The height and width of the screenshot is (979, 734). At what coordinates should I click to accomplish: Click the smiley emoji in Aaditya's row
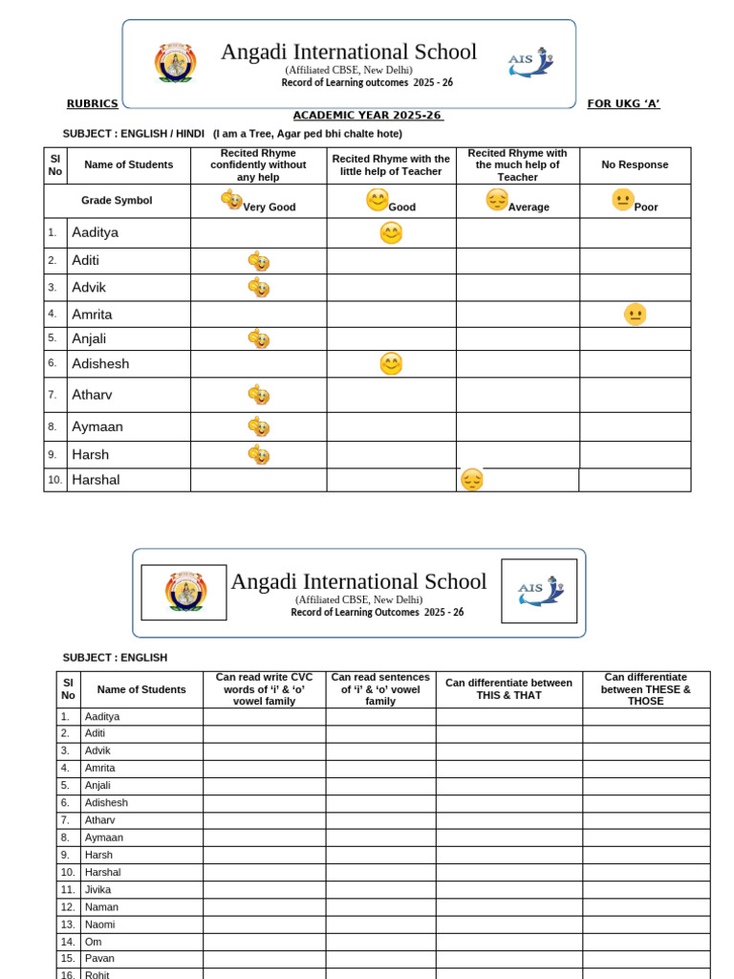point(390,233)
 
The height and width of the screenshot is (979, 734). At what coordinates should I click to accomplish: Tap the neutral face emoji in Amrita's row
point(635,314)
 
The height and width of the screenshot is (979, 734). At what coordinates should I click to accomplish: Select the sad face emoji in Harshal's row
point(471,480)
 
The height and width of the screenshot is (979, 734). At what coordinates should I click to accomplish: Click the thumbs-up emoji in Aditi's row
point(258,261)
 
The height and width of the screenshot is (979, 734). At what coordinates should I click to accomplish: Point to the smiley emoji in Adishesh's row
point(390,363)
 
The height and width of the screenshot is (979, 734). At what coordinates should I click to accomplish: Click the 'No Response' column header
point(635,164)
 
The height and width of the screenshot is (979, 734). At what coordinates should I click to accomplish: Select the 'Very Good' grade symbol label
point(269,207)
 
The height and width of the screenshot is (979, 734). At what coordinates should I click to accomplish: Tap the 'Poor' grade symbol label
point(646,207)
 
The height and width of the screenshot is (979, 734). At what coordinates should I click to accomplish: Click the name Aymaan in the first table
point(97,426)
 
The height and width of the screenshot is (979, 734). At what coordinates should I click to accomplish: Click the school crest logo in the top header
point(175,63)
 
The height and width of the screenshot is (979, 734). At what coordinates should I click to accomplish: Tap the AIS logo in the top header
point(530,62)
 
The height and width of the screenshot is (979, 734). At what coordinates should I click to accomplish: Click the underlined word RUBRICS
point(93,103)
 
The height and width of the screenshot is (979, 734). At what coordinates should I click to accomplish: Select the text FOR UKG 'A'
point(623,103)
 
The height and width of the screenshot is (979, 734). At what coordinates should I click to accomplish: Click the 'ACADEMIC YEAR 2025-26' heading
point(367,116)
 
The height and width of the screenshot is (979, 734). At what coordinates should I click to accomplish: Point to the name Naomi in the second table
point(99,925)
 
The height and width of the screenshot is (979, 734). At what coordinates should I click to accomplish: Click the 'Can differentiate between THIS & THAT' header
point(508,689)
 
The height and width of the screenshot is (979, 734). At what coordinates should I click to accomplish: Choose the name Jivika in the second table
point(97,889)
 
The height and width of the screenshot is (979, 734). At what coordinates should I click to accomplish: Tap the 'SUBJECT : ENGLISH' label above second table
point(115,658)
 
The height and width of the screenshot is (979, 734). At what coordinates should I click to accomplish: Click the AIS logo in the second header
point(539,591)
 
